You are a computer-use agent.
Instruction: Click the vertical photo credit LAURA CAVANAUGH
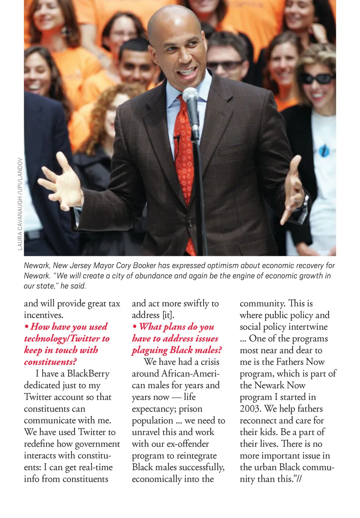(20, 204)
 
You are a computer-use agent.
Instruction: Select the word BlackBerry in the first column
(88, 374)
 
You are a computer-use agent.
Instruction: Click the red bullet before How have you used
(27, 327)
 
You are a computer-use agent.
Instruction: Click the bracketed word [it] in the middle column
(168, 315)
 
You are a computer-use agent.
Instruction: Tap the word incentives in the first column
(43, 315)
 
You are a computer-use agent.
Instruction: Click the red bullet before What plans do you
(135, 327)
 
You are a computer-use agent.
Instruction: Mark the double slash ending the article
(298, 479)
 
